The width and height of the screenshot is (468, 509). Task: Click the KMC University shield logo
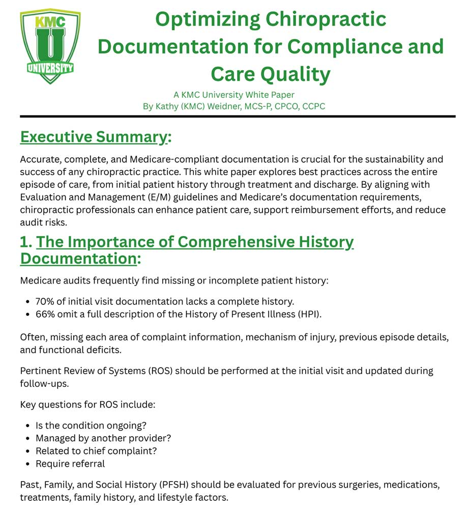click(50, 46)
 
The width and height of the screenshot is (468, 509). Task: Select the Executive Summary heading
click(96, 137)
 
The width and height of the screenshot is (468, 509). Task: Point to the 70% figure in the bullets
click(45, 301)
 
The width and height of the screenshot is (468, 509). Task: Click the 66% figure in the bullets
click(45, 314)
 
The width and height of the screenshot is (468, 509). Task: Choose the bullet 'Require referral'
click(70, 463)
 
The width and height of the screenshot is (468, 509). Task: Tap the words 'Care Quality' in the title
click(270, 74)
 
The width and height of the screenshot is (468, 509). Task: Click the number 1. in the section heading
click(26, 242)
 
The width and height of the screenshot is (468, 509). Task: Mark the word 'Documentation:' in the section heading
click(80, 258)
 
